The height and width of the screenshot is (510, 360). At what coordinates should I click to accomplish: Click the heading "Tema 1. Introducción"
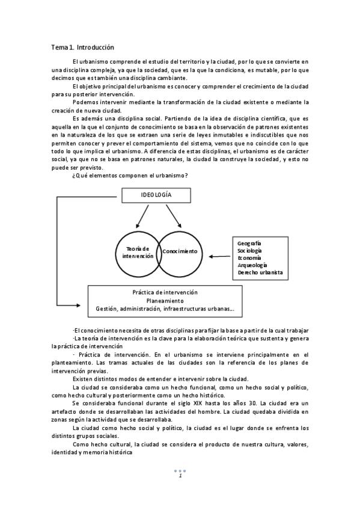[82, 47]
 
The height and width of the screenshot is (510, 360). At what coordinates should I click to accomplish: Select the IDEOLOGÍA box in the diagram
[156, 195]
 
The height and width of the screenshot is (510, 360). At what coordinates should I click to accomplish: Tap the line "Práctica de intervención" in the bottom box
[165, 292]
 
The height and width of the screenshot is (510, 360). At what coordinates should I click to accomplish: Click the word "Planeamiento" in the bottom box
[165, 301]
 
